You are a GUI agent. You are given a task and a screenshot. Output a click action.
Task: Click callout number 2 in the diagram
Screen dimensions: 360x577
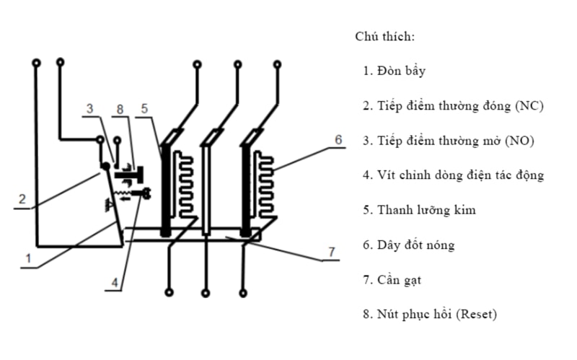24,199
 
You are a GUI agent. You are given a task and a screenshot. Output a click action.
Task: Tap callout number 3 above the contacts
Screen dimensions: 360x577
90,109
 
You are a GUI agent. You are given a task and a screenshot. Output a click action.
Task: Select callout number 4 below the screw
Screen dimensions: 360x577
114,283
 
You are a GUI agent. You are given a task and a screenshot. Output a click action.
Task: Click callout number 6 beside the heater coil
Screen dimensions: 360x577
338,140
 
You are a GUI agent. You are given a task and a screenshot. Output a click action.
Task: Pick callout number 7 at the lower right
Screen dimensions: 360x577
331,252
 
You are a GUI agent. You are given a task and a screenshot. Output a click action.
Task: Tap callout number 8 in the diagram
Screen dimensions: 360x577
120,109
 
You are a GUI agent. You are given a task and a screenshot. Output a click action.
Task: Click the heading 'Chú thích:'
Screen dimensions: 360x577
384,36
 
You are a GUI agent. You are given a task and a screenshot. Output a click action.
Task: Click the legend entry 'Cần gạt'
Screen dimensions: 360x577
400,279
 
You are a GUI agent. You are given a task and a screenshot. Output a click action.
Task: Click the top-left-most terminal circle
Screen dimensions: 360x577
35,63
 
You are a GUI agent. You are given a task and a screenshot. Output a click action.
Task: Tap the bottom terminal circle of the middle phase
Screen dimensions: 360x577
207,293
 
